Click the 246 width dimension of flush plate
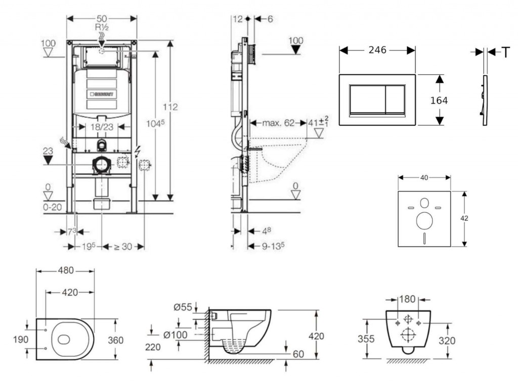pyautogui.click(x=377, y=50)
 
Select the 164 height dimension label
pyautogui.click(x=439, y=101)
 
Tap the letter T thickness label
pyautogui.click(x=505, y=53)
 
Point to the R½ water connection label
pyautogui.click(x=102, y=28)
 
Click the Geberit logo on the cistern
pyautogui.click(x=102, y=94)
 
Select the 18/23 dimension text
pyautogui.click(x=102, y=128)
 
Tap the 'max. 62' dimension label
pyautogui.click(x=278, y=123)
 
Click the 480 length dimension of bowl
pyautogui.click(x=65, y=271)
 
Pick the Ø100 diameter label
pyautogui.click(x=176, y=334)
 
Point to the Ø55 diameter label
pyautogui.click(x=182, y=307)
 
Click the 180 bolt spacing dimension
pyautogui.click(x=408, y=299)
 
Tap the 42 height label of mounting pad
pyautogui.click(x=464, y=218)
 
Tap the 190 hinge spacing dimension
pyautogui.click(x=20, y=340)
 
